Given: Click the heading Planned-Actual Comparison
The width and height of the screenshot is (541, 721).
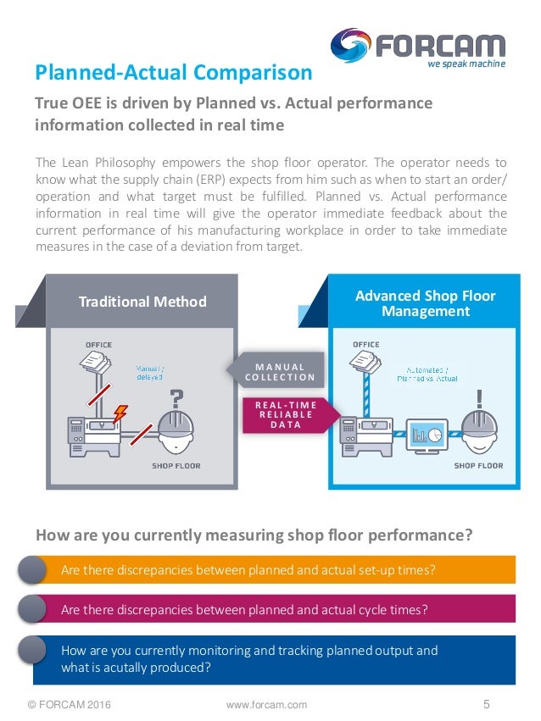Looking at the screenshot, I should tap(173, 73).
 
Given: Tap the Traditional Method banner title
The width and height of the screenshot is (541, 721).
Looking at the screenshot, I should tap(142, 302).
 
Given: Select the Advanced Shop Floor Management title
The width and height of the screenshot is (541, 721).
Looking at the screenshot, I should tap(425, 303).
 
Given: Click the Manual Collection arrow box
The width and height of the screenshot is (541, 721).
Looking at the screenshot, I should tap(276, 371).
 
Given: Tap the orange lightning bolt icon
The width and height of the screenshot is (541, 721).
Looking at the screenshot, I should tap(120, 413).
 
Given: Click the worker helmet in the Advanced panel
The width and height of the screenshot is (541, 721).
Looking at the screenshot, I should tap(480, 432).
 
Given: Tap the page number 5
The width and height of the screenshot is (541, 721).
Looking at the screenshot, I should tap(487, 703).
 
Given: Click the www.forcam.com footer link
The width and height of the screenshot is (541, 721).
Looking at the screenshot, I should tap(267, 704).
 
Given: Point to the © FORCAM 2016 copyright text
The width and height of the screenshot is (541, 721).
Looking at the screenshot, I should tap(69, 704).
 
